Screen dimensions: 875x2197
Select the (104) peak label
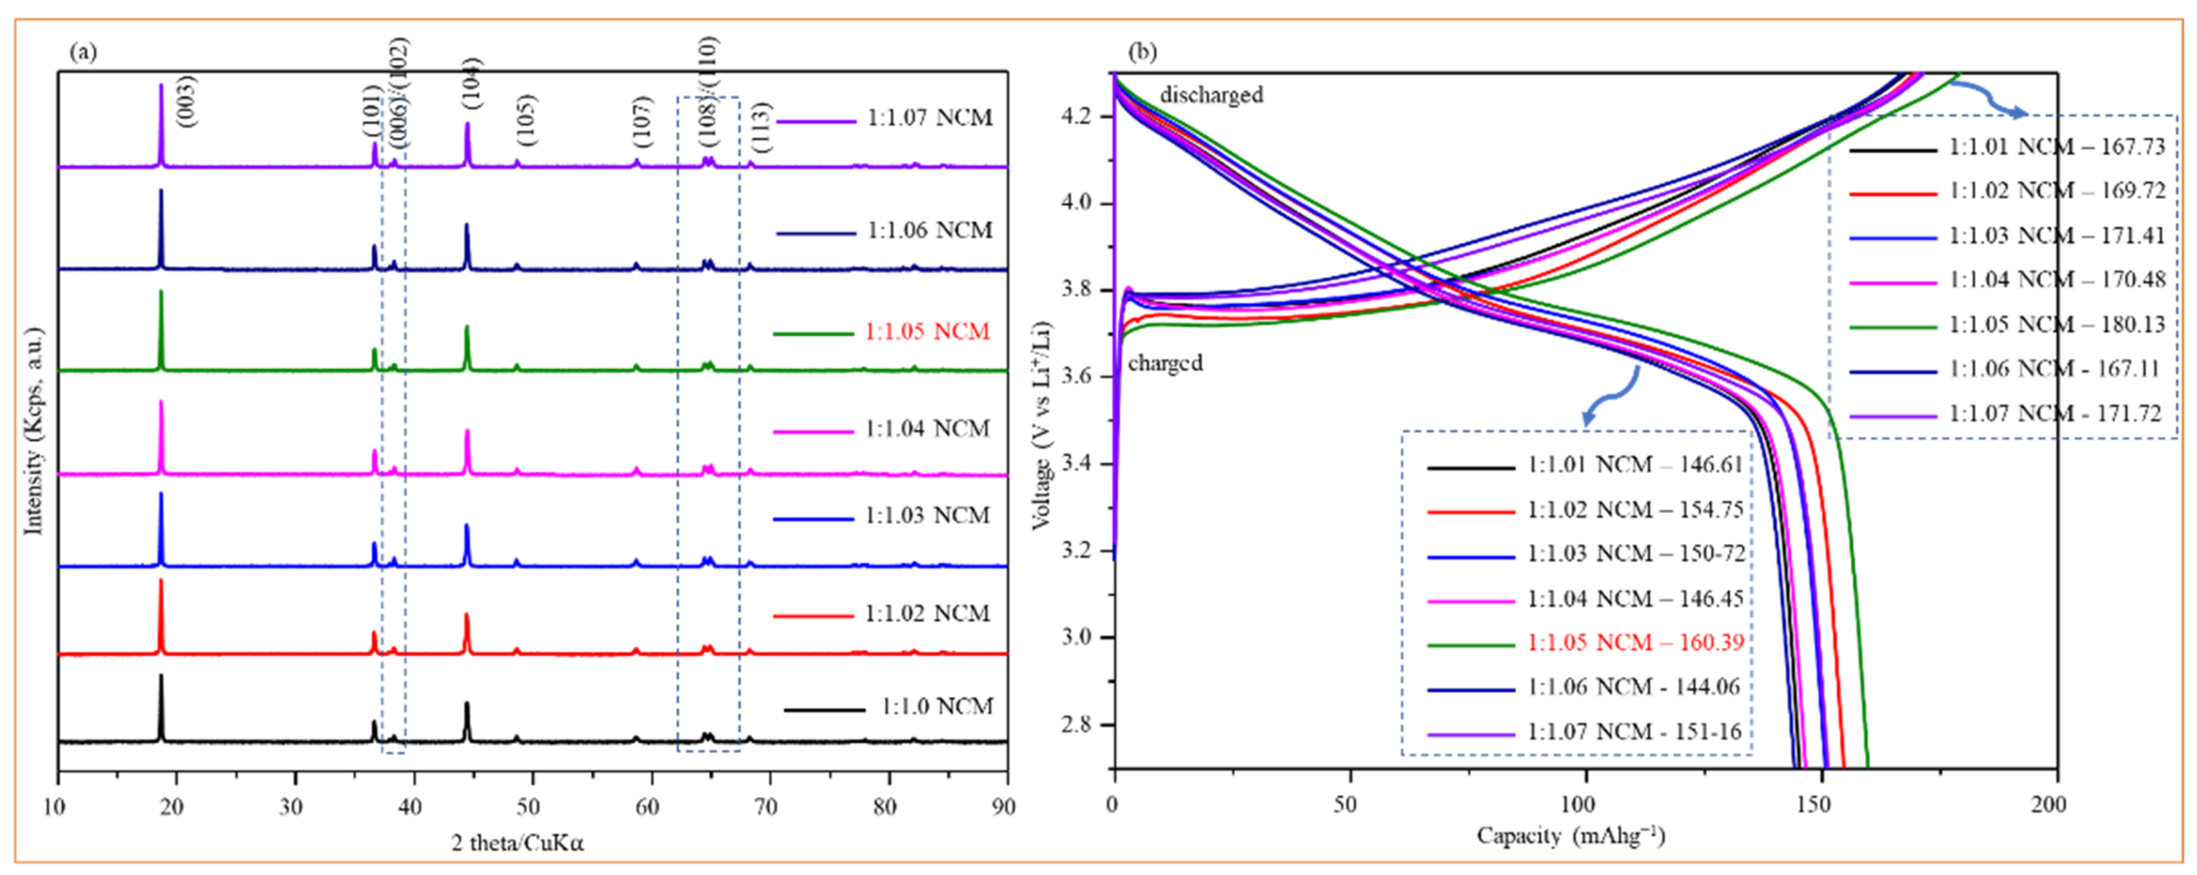tap(472, 83)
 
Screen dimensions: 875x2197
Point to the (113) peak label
tap(762, 126)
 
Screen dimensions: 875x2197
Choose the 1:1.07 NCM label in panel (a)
tap(929, 118)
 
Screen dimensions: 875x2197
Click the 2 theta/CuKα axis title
tap(518, 843)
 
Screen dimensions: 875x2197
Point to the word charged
tap(1165, 363)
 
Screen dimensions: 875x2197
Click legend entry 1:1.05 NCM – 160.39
tap(1635, 642)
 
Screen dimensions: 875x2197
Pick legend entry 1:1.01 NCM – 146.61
tap(1635, 465)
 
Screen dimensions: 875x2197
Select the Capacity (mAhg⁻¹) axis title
tap(1570, 836)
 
